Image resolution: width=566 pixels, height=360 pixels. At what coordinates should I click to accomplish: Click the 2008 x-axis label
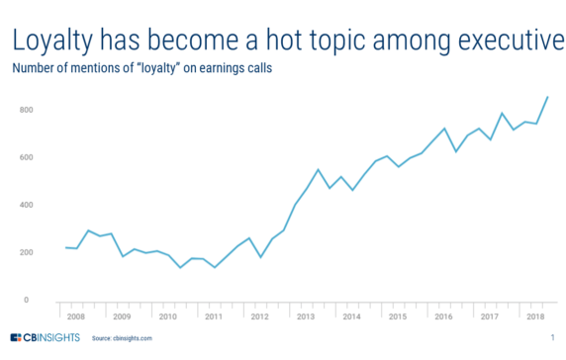point(76,317)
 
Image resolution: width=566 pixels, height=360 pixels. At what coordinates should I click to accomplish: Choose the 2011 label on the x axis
point(212,317)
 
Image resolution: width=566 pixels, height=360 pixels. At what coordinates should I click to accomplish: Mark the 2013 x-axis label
point(305,317)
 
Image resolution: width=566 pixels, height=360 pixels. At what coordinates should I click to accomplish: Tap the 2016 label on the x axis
point(442,317)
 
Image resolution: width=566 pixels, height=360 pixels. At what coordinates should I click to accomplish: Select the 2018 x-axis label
point(534,317)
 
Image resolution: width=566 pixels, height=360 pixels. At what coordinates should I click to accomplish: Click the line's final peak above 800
point(548,97)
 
